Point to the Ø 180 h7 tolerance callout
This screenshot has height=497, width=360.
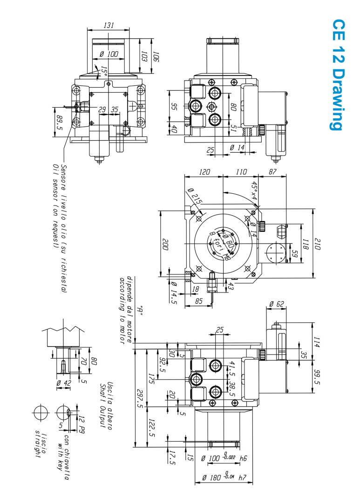tap(223, 477)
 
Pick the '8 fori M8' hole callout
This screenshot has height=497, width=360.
tap(221, 245)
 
